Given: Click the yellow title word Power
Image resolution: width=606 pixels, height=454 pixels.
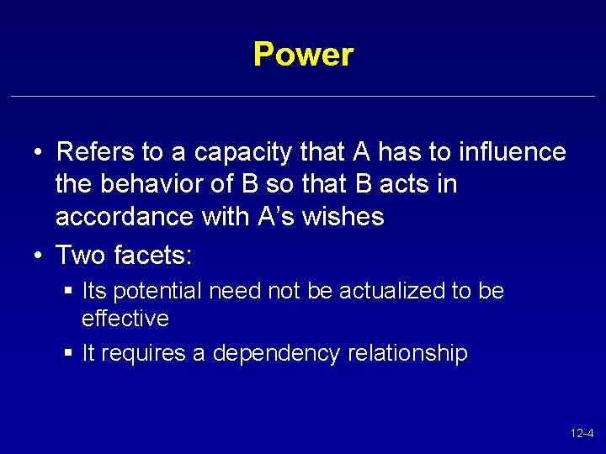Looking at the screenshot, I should click(x=303, y=55).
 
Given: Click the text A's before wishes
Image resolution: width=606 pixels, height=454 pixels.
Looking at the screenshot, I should click(x=271, y=217).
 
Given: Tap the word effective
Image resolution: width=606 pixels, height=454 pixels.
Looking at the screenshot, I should click(x=125, y=319).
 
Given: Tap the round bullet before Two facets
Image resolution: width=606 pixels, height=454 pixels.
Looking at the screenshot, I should click(x=39, y=253).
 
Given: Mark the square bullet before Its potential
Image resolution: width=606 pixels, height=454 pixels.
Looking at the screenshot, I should click(x=68, y=292).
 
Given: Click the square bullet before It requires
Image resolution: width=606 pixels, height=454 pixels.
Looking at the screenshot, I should click(x=68, y=353).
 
